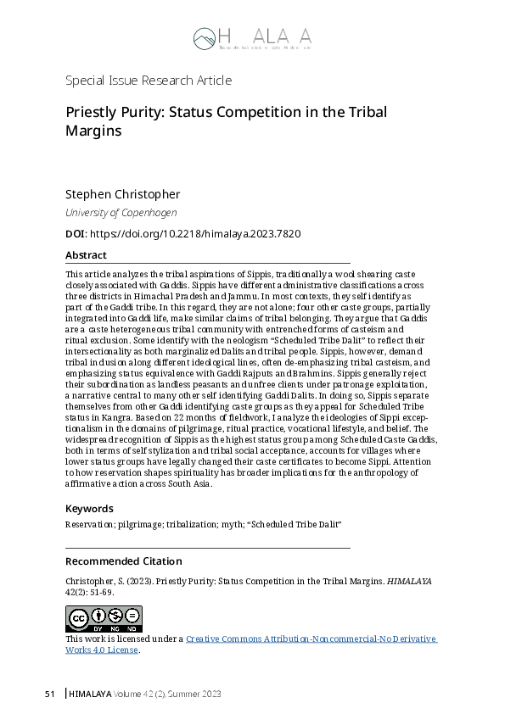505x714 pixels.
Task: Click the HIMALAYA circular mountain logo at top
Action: click(204, 38)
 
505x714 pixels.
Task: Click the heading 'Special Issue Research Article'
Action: click(149, 81)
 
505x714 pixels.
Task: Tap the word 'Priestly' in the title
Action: click(91, 113)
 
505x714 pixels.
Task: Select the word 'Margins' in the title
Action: click(93, 131)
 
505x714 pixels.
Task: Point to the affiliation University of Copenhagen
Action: click(121, 213)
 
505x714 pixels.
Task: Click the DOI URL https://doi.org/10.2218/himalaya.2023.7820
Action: click(194, 233)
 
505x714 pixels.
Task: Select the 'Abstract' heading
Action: click(86, 255)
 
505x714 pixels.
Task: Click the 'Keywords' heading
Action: click(89, 509)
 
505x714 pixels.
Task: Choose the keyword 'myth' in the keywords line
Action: click(237, 525)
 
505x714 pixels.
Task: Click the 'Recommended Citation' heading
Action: click(123, 561)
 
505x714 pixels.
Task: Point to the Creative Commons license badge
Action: click(104, 619)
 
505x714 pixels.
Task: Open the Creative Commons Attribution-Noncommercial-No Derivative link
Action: click(311, 639)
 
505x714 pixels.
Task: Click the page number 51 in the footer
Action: click(49, 694)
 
